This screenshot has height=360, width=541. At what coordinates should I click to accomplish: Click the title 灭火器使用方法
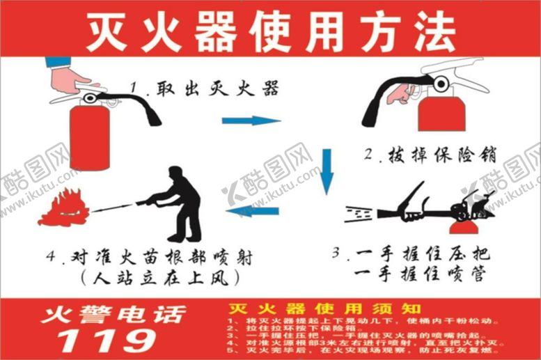270,31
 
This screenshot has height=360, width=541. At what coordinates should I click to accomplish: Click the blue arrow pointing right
251,120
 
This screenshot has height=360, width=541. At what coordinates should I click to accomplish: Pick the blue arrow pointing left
252,211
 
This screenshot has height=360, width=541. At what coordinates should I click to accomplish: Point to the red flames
67,207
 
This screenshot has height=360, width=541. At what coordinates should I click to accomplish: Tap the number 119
107,340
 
